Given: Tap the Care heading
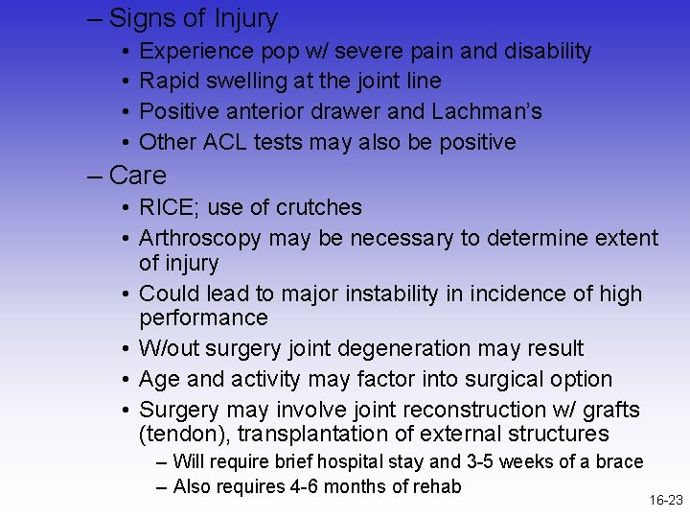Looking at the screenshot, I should [x=138, y=176].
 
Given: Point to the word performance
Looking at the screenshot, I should [x=203, y=318].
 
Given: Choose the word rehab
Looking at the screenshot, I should [x=435, y=486].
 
